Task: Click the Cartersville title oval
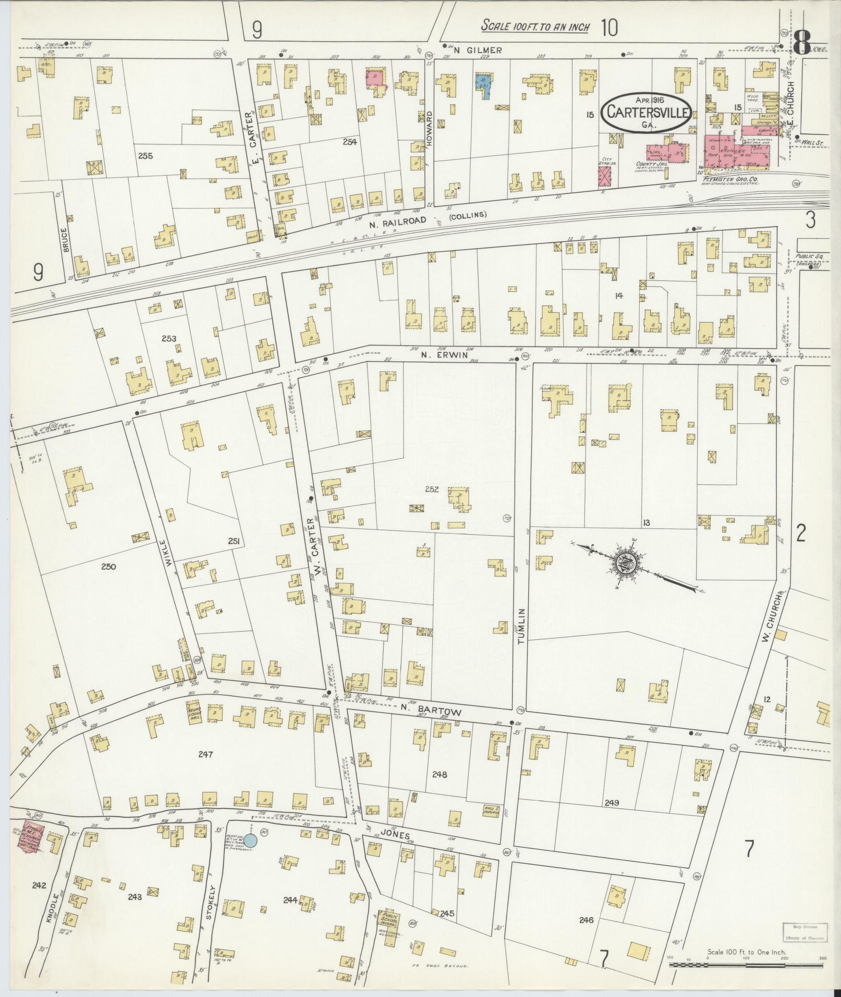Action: click(x=647, y=112)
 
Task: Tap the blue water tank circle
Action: click(x=251, y=855)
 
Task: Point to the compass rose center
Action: click(x=624, y=564)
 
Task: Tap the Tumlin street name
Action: click(x=521, y=626)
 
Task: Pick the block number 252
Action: click(x=432, y=489)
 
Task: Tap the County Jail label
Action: click(x=648, y=164)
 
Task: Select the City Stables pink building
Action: click(x=605, y=179)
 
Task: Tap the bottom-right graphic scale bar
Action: click(x=746, y=965)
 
